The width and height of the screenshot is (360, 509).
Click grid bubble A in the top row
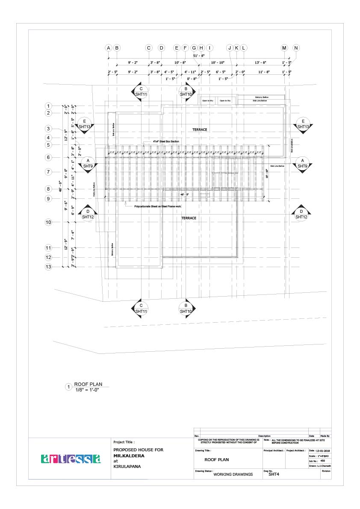click(x=109, y=48)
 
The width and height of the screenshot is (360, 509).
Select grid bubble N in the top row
click(x=296, y=48)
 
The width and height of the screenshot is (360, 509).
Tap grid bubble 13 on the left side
click(x=49, y=267)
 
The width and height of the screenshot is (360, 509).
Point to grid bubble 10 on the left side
click(x=49, y=222)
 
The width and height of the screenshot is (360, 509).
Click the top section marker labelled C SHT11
click(x=141, y=91)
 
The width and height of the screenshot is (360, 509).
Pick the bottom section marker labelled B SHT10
click(x=186, y=308)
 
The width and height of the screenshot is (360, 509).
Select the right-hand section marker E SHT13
click(x=303, y=124)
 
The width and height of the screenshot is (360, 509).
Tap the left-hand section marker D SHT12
click(x=88, y=214)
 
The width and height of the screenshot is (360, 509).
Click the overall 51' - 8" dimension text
click(x=199, y=56)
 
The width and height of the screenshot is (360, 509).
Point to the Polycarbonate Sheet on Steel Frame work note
click(x=158, y=206)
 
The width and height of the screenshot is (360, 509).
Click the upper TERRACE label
click(x=200, y=129)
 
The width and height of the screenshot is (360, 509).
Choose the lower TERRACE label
click(x=189, y=218)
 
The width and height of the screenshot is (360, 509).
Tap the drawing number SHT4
click(x=274, y=474)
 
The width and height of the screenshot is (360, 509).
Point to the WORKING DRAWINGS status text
click(x=233, y=474)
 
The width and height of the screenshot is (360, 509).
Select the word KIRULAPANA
click(x=127, y=467)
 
